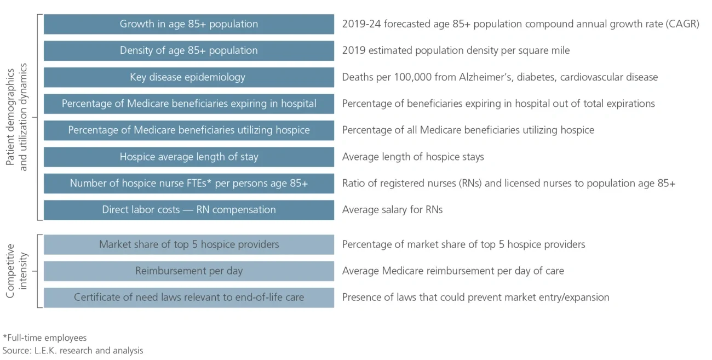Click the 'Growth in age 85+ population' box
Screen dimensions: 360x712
188,24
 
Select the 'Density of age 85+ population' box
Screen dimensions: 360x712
188,50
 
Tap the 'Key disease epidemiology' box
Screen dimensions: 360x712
188,77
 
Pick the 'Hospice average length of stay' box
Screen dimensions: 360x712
188,157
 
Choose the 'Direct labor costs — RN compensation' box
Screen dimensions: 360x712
188,210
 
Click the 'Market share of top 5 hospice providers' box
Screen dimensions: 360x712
188,244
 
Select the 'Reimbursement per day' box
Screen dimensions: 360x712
188,271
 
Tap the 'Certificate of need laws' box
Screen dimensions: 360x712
188,298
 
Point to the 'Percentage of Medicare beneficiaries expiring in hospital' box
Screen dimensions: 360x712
188,104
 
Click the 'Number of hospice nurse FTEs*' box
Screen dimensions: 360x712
188,184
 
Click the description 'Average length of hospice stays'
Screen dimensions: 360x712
413,157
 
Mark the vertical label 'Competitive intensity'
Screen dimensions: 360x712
16,271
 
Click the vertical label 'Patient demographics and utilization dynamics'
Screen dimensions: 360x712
16,117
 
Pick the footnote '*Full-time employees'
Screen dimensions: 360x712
44,338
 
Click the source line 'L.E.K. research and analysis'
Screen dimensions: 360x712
88,350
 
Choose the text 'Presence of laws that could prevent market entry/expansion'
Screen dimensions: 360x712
475,298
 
